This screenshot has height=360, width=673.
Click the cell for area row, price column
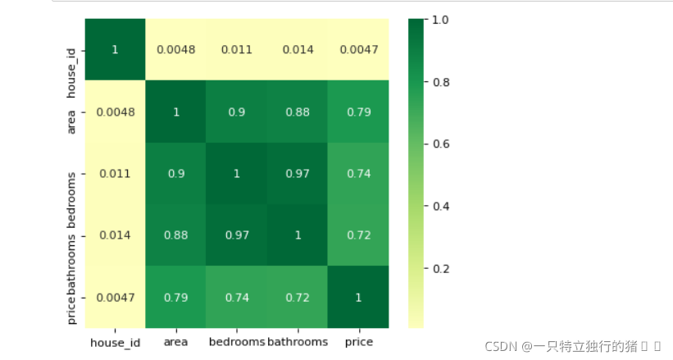coord(358,112)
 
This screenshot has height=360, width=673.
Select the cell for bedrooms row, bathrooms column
coord(298,174)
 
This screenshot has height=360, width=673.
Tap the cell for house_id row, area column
coord(176,49)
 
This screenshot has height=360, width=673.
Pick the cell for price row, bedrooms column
coord(237,298)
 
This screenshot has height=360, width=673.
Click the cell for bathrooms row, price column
coord(358,235)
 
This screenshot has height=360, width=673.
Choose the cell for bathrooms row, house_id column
coord(115,235)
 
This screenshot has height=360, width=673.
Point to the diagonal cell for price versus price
coord(358,298)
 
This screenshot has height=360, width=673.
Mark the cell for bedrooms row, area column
coord(176,174)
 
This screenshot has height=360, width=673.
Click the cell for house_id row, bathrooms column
coord(298,49)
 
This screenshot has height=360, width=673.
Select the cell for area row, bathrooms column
coord(298,112)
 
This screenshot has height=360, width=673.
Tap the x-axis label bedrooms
coord(237,341)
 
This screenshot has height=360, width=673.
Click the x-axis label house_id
coord(115,343)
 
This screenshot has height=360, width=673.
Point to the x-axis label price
coord(359,342)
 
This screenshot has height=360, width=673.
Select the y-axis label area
coord(70,122)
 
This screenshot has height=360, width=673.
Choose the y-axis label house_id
coord(71,73)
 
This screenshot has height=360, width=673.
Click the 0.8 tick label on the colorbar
coord(441,82)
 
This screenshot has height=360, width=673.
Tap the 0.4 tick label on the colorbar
coord(441,206)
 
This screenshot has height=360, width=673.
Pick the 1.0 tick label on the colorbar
coord(440,20)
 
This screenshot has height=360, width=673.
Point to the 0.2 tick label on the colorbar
coord(441,269)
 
